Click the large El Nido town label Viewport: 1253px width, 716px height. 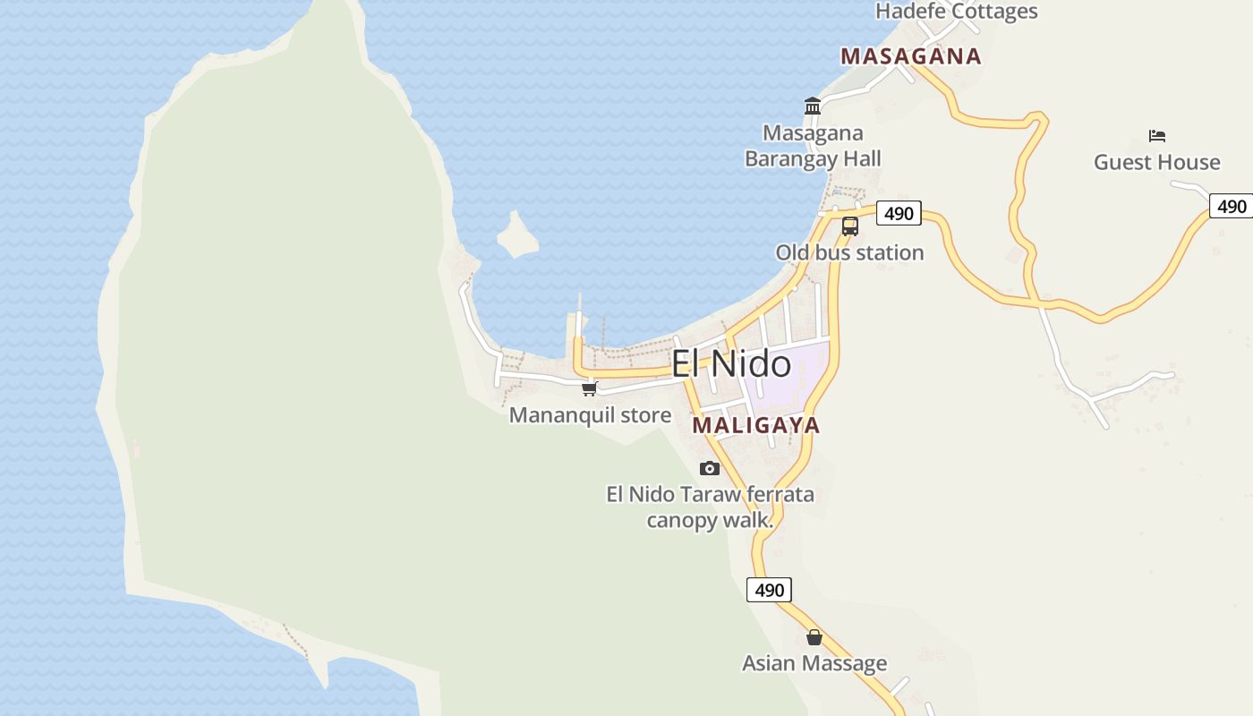click(x=731, y=364)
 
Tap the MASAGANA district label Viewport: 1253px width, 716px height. click(x=911, y=56)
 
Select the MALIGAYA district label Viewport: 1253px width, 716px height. click(x=756, y=425)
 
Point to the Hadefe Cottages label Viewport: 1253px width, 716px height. click(x=956, y=12)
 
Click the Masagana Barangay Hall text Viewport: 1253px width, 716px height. click(x=813, y=146)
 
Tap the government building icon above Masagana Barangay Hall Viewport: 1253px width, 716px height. click(x=813, y=107)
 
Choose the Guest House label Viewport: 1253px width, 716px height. click(x=1156, y=162)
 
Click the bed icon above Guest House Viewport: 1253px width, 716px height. click(x=1157, y=136)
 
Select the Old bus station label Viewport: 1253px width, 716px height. click(x=849, y=252)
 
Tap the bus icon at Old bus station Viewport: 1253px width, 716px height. click(x=850, y=226)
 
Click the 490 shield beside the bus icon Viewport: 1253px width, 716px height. click(x=899, y=213)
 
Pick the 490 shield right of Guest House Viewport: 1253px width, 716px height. click(x=1232, y=206)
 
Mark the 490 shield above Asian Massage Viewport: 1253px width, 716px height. click(x=769, y=590)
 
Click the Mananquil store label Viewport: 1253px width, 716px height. click(x=590, y=415)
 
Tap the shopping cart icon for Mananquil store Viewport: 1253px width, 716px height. click(x=590, y=388)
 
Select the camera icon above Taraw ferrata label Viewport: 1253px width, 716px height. click(x=710, y=468)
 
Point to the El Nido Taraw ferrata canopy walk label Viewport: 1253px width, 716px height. click(x=710, y=507)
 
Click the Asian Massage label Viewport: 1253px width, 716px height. click(x=814, y=663)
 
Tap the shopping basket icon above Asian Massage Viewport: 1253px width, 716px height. click(x=814, y=637)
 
